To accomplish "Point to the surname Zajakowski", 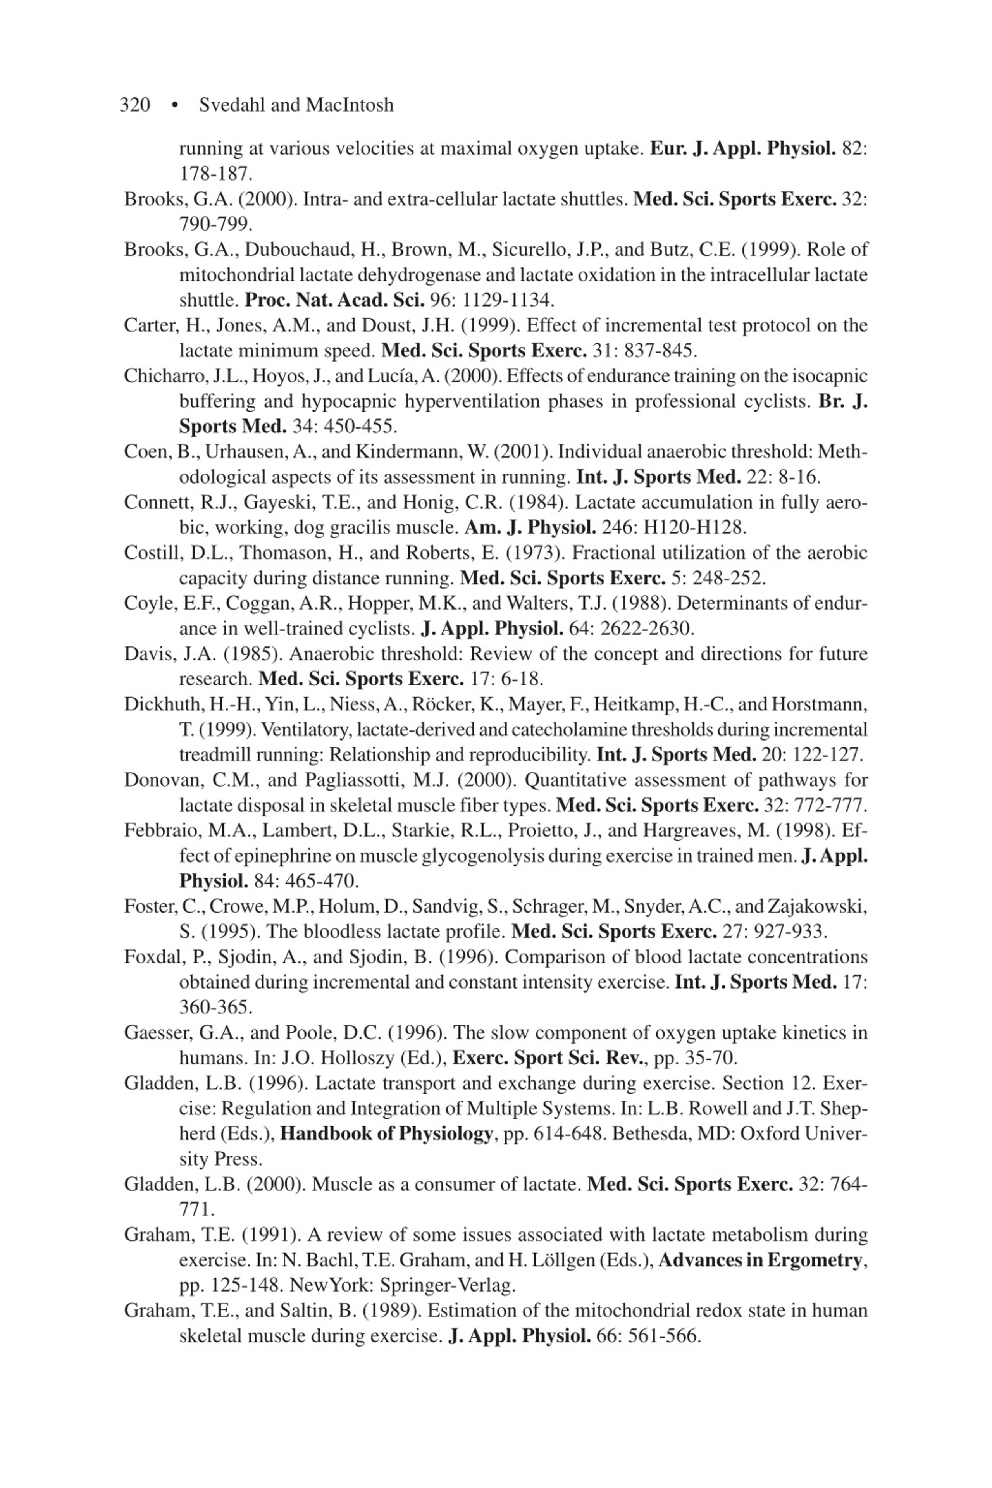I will point(817,907).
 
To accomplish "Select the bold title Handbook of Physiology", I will point(386,1134).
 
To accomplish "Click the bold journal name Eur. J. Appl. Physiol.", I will point(743,149).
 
